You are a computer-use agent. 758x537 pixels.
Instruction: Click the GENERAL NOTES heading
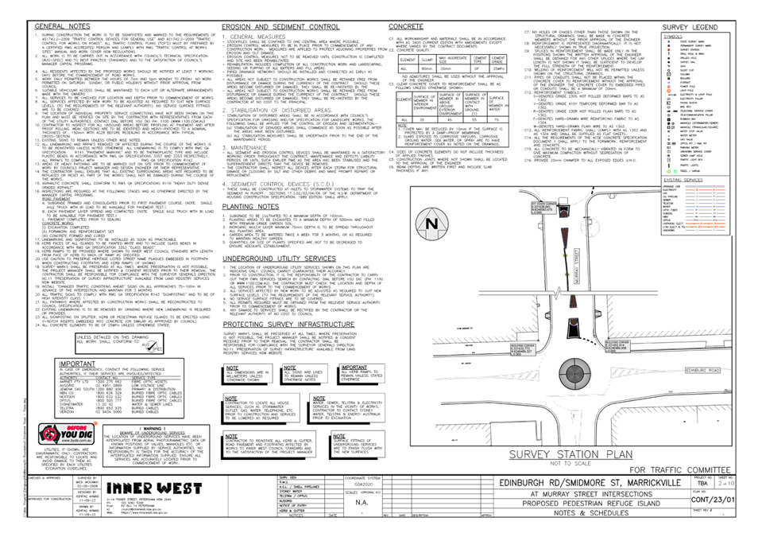point(63,27)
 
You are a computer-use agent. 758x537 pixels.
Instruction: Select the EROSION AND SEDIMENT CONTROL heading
point(280,27)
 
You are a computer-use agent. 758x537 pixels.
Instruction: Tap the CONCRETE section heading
point(406,27)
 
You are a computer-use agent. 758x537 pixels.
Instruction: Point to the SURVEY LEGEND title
point(690,27)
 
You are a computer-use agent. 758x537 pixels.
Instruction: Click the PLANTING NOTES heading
point(250,206)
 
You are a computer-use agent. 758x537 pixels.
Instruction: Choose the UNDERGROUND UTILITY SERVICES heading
point(279,259)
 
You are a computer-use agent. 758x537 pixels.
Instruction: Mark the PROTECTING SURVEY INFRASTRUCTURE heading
point(288,325)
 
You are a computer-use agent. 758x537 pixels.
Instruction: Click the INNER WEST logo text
point(153,488)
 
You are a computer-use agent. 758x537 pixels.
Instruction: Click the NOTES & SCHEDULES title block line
point(588,513)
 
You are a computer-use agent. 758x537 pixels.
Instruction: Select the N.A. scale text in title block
point(362,502)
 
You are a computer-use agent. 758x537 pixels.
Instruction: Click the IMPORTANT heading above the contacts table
point(77,362)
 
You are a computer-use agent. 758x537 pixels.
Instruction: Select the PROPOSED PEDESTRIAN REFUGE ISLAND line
point(588,504)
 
